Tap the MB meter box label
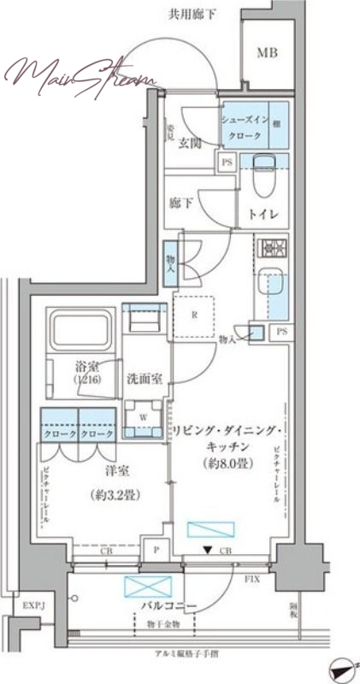pyautogui.click(x=268, y=53)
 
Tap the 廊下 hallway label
pyautogui.click(x=180, y=203)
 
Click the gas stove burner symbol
pyautogui.click(x=274, y=249)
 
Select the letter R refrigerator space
pyautogui.click(x=195, y=314)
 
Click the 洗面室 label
pyautogui.click(x=145, y=377)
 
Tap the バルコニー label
pyautogui.click(x=169, y=607)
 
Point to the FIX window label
pyautogui.click(x=253, y=578)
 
